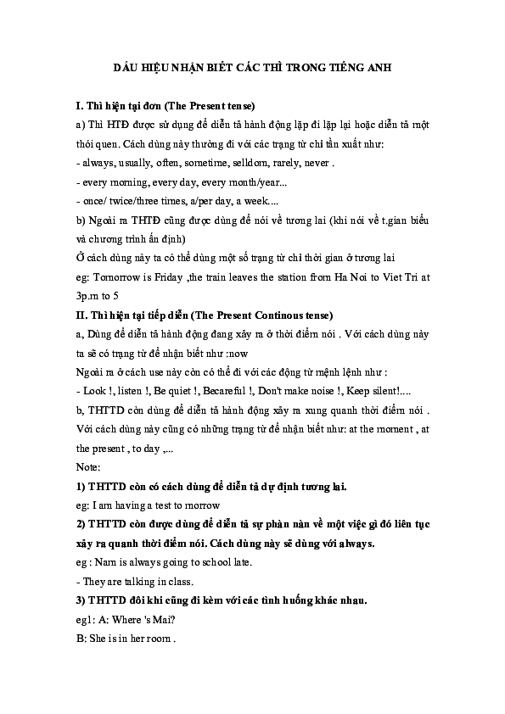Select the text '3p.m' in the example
click(89, 295)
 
